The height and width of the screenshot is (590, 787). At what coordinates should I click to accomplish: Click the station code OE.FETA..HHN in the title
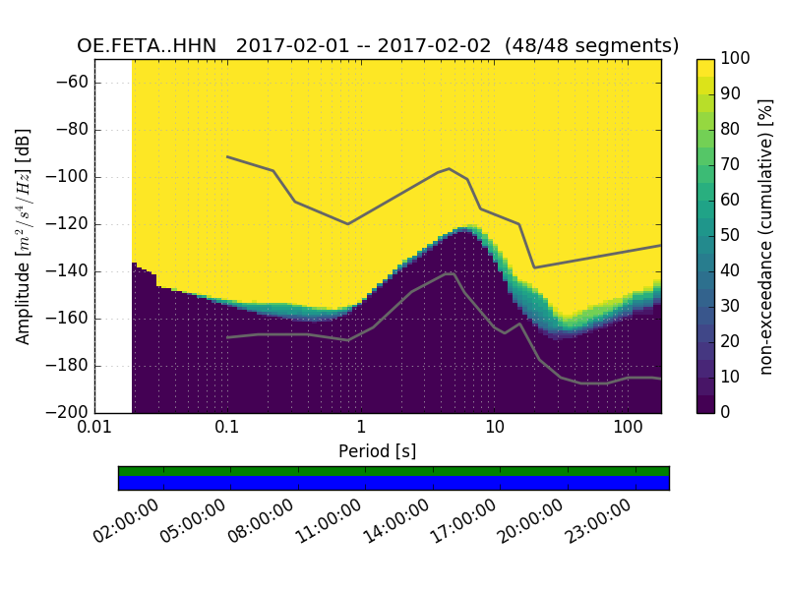coord(147,46)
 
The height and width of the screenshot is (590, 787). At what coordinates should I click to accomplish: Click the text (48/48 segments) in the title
coord(592,46)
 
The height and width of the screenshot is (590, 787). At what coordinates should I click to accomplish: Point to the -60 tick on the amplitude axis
coord(72,83)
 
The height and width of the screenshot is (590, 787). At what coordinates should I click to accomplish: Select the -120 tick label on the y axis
coord(68,224)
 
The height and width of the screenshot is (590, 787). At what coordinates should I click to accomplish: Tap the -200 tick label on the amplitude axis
coord(68,413)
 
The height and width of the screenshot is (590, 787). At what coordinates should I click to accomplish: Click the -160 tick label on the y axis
coord(68,319)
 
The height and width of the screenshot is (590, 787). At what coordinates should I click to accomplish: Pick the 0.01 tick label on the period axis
coord(94,429)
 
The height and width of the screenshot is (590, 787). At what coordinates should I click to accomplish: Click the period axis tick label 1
coord(361,429)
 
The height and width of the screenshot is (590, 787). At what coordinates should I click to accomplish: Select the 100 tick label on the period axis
coord(628,429)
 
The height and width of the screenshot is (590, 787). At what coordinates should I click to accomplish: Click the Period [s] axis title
coord(378,450)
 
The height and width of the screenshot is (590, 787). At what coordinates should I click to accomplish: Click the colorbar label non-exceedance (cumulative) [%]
coord(767,236)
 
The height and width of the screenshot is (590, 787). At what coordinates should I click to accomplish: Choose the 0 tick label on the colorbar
coord(727,413)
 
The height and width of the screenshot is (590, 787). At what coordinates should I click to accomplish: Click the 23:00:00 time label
coord(598,521)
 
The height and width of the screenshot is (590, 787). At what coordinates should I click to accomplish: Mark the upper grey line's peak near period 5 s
coord(450,168)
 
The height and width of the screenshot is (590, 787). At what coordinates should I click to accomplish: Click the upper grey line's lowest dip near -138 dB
coord(534,267)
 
